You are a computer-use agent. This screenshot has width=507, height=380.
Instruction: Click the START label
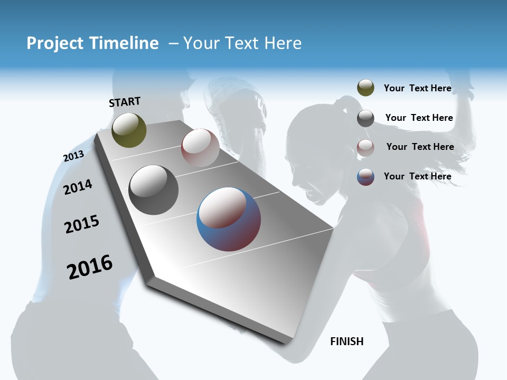click(x=125, y=102)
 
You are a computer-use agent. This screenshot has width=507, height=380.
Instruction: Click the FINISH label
click(x=346, y=341)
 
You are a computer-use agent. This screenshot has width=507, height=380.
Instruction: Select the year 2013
click(x=73, y=156)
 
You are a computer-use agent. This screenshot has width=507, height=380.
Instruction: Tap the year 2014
click(x=78, y=187)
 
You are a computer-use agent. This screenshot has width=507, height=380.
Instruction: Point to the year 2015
click(x=82, y=224)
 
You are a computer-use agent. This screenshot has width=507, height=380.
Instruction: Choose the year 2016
click(x=90, y=267)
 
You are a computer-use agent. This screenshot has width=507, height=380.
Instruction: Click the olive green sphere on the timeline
click(x=129, y=130)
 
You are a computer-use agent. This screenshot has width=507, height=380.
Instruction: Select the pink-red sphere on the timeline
click(x=200, y=148)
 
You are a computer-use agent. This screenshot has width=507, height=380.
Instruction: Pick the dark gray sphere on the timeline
click(x=153, y=190)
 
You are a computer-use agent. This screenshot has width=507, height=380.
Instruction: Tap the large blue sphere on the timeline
click(x=228, y=219)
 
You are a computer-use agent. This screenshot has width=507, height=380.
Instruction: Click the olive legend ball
click(x=365, y=88)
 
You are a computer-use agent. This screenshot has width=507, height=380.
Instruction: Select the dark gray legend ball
click(x=365, y=118)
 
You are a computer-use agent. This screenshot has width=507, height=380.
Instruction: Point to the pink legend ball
click(x=365, y=148)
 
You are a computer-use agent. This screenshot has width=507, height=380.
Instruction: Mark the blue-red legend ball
click(x=365, y=177)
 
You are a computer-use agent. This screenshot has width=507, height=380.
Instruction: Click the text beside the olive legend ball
click(x=417, y=89)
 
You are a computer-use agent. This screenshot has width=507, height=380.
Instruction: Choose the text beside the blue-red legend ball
click(x=417, y=176)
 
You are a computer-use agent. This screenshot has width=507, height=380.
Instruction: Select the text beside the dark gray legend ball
click(x=419, y=118)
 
